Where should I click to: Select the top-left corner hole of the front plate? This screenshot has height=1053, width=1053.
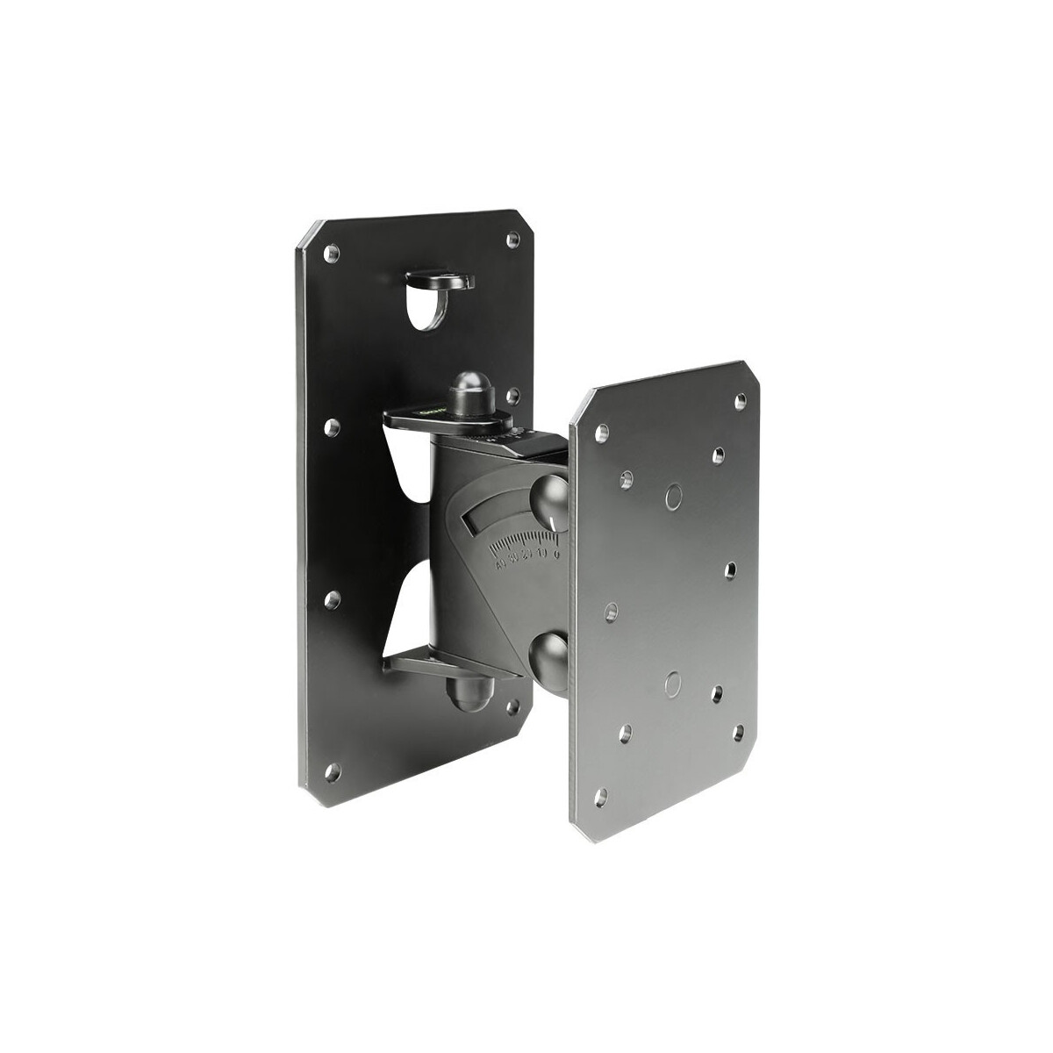pyautogui.click(x=602, y=433)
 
